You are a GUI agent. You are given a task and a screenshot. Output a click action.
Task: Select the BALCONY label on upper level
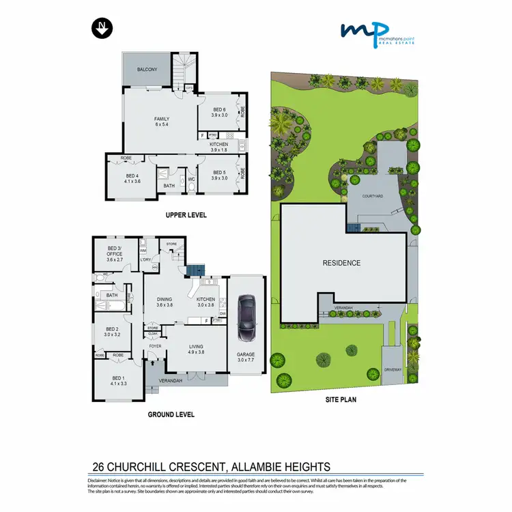pos(147,70)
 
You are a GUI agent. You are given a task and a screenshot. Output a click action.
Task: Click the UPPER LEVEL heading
pos(186,215)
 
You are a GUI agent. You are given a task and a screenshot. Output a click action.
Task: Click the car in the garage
pos(246,319)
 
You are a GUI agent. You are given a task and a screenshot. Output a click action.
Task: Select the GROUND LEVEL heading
pos(171,414)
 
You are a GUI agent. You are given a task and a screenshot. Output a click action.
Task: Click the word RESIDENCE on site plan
pos(341,262)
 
